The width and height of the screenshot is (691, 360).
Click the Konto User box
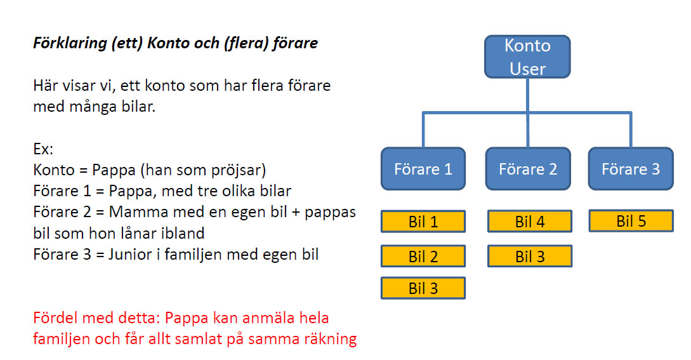pyautogui.click(x=527, y=57)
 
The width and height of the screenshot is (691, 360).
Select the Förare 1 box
pyautogui.click(x=423, y=169)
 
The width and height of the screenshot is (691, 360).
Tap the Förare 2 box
pyautogui.click(x=528, y=169)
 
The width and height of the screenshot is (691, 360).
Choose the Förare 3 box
pyautogui.click(x=631, y=169)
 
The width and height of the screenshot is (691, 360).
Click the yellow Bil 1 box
pyautogui.click(x=423, y=222)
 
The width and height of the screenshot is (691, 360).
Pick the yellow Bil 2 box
pyautogui.click(x=423, y=257)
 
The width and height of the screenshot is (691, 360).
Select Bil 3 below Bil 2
pyautogui.click(x=423, y=288)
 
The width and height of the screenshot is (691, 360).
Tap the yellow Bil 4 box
pyautogui.click(x=530, y=222)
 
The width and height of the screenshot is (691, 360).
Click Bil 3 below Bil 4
pyautogui.click(x=530, y=257)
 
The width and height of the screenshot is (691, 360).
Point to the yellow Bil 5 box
pyautogui.click(x=631, y=221)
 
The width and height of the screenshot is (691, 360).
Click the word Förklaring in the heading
pyautogui.click(x=70, y=43)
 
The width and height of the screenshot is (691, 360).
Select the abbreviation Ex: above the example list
pyautogui.click(x=43, y=149)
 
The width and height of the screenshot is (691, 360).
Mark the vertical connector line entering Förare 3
pyautogui.click(x=631, y=130)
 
